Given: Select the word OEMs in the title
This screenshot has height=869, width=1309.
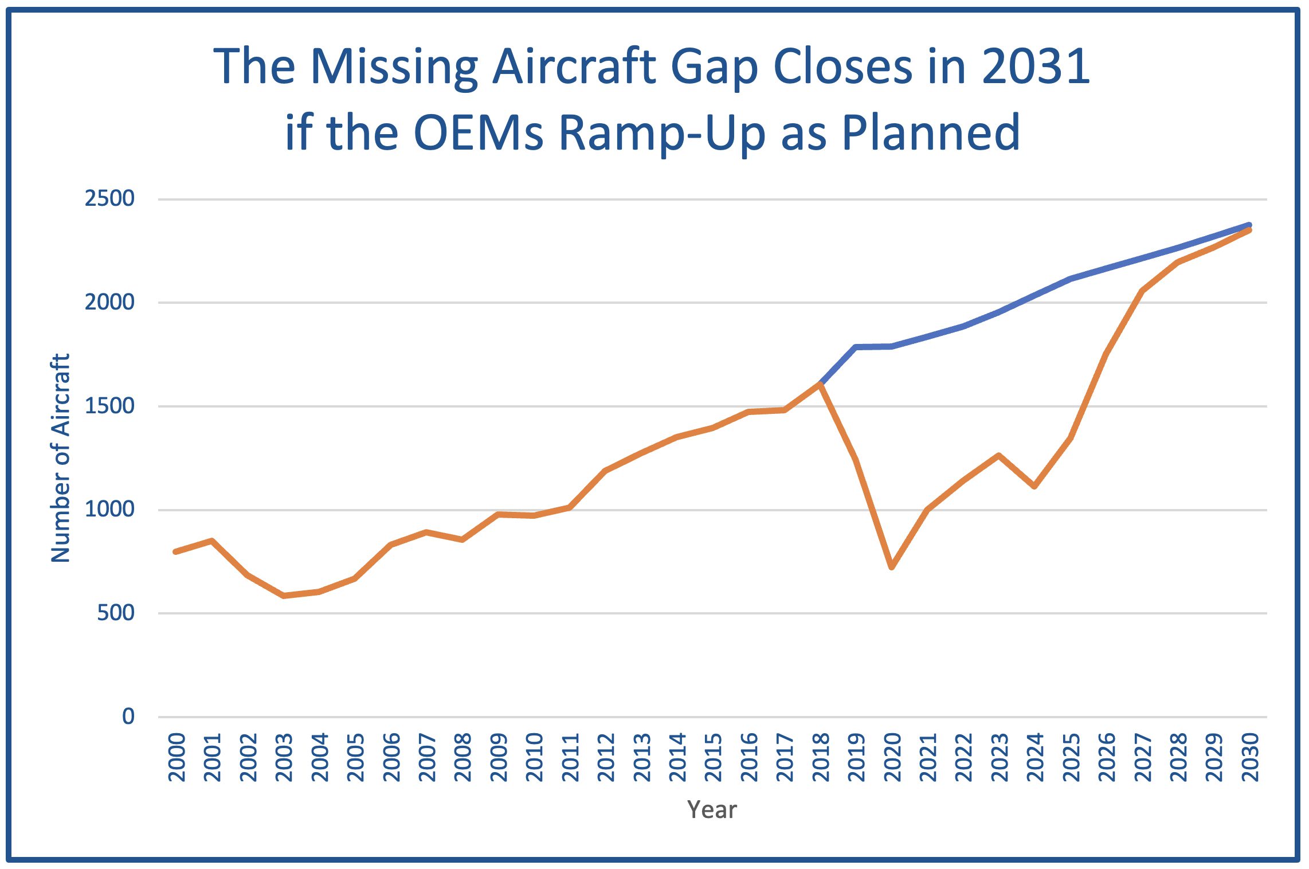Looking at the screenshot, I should pos(478,133).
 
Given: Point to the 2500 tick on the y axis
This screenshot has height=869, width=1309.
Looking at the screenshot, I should pos(109,198).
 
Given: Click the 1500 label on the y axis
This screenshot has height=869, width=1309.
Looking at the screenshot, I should pos(109,406).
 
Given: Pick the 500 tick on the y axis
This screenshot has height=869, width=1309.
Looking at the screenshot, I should pos(116,613).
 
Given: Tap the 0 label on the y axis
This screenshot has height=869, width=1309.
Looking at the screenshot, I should pos(128,716).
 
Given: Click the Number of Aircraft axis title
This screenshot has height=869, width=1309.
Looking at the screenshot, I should pos(61,458).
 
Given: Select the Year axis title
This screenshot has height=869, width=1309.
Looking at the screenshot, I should pos(712,809).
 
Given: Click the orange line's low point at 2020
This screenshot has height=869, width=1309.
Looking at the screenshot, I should pos(892,567).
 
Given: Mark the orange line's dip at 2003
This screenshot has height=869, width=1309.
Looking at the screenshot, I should pos(284,596).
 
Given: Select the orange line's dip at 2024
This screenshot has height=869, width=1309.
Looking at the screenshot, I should pos(1034,486).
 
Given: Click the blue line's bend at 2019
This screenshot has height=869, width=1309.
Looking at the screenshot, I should pos(856,347).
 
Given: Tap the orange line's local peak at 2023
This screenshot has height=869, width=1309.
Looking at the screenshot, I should pos(999,456).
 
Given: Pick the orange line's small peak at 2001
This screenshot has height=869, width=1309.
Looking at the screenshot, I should pos(212,541).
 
